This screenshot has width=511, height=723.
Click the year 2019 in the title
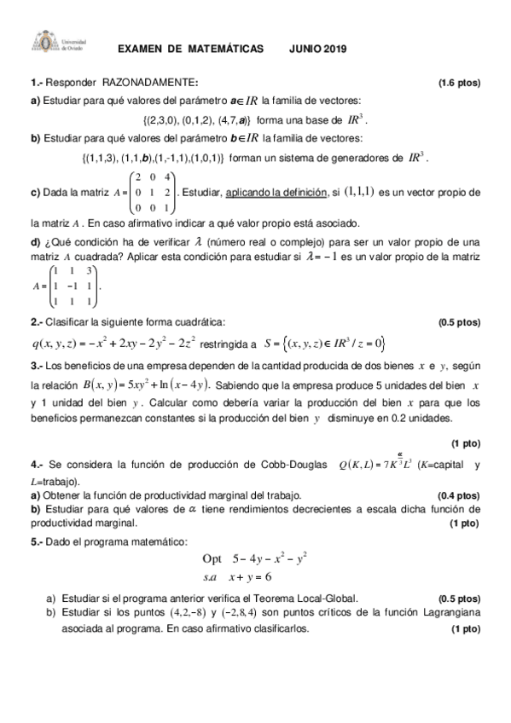click(x=334, y=50)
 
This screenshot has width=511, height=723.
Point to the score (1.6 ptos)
click(x=459, y=83)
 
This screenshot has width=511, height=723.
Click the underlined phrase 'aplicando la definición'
click(x=276, y=194)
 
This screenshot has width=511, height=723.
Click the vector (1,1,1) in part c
click(x=358, y=194)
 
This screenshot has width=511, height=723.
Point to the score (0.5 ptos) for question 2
click(x=459, y=322)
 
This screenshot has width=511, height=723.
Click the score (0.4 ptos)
click(x=459, y=495)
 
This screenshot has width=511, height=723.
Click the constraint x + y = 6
click(x=254, y=577)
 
